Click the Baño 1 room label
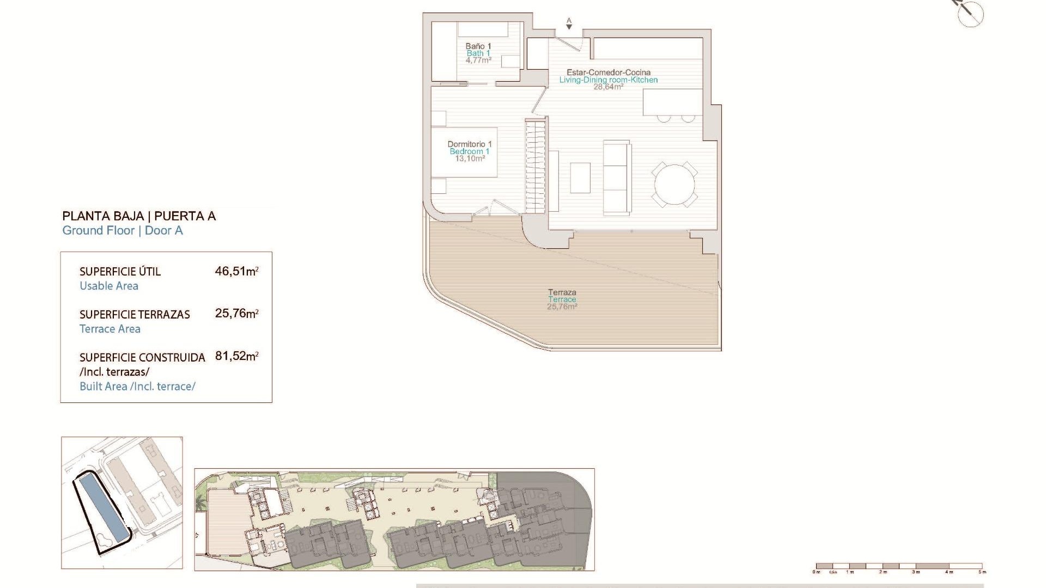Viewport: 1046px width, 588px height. (x=478, y=46)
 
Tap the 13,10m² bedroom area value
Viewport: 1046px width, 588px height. (x=470, y=159)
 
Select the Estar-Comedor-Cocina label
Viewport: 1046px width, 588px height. (x=608, y=72)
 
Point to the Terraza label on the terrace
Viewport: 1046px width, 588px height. (x=562, y=292)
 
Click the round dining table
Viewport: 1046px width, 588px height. (x=674, y=185)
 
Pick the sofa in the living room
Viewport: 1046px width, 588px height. (x=617, y=177)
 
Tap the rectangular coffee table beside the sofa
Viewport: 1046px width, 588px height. (x=580, y=178)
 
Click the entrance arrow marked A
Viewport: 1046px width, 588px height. (x=569, y=23)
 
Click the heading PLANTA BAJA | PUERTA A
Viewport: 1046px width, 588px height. (x=139, y=216)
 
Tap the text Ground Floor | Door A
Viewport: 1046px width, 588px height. (x=123, y=230)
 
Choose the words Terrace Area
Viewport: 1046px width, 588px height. (x=110, y=329)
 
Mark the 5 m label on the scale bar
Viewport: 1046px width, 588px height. (x=982, y=572)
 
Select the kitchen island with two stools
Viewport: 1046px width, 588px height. (x=672, y=103)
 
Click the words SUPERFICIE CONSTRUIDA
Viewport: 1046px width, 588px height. (x=142, y=358)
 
